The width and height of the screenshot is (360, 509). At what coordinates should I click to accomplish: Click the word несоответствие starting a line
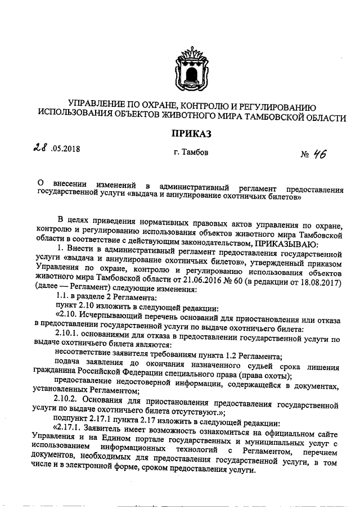tap(83, 356)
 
